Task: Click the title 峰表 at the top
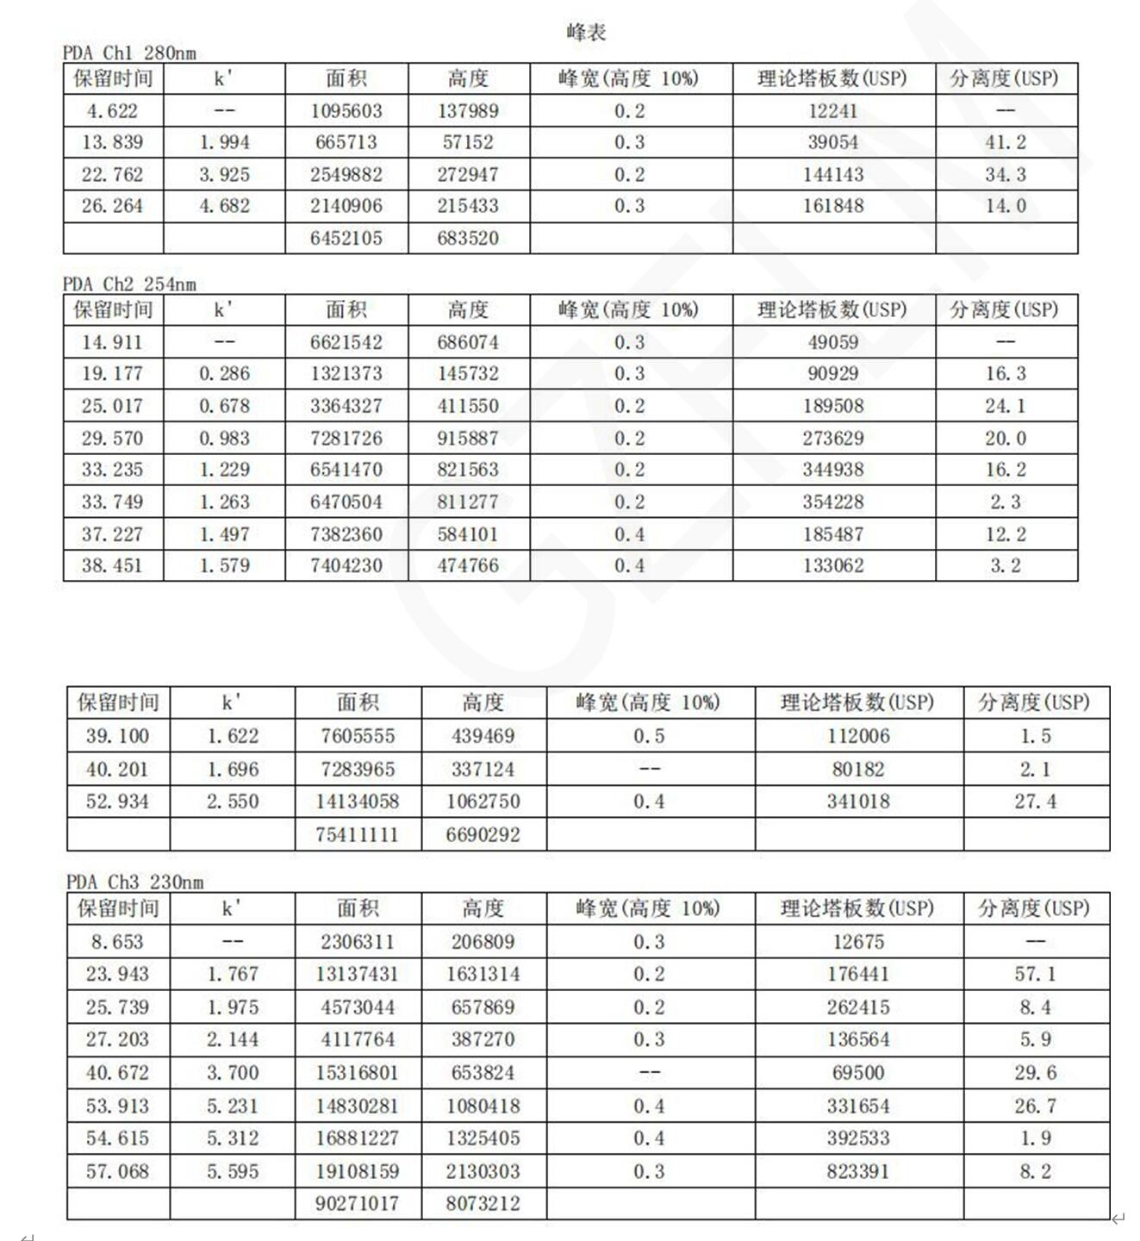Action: click(586, 33)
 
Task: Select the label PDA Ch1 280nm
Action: click(129, 53)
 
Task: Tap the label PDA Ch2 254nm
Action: click(129, 284)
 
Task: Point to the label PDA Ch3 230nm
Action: click(135, 882)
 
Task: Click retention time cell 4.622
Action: click(112, 111)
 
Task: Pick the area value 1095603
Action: click(346, 111)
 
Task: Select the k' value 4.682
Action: click(224, 206)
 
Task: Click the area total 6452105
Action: click(346, 238)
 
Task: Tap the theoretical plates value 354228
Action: click(833, 502)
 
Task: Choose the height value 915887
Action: click(468, 438)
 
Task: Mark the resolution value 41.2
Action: click(1006, 142)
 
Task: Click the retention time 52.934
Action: click(117, 801)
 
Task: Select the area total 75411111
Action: click(357, 834)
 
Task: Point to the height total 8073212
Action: click(483, 1203)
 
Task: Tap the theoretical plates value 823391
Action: click(857, 1171)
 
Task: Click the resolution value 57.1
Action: click(1035, 974)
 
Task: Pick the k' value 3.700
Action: click(232, 1073)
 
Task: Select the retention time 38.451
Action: click(112, 565)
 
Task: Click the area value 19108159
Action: click(357, 1171)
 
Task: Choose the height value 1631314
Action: click(483, 974)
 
